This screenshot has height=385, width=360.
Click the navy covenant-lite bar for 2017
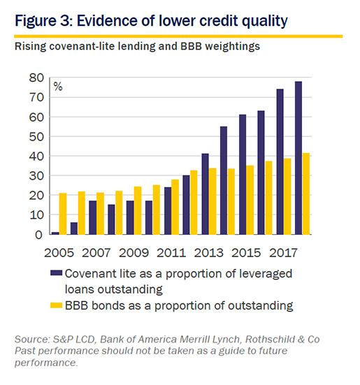tap(280, 161)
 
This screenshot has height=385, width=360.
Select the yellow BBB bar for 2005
tap(63, 214)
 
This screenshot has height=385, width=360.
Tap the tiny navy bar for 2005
tap(55, 233)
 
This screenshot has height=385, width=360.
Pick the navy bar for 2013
tap(205, 194)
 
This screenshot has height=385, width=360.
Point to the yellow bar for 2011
tap(175, 207)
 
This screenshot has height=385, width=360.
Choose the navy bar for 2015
tap(243, 174)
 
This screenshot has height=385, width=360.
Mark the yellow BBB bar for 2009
tap(138, 210)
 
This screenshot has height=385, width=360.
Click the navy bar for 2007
tap(92, 217)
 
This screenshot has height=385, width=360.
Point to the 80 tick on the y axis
tap(36, 78)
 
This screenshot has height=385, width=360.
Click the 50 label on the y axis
tap(36, 136)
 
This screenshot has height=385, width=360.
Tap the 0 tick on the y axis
tap(39, 235)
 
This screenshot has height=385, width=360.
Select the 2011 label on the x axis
tap(171, 253)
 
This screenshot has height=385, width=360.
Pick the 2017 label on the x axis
tap(283, 253)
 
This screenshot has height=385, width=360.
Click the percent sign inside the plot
tap(58, 87)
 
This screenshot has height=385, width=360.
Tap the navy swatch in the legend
tap(56, 273)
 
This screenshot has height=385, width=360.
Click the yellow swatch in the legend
tap(56, 305)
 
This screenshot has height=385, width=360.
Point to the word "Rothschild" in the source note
tap(270, 340)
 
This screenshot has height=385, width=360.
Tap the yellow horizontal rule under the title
tap(178, 36)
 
